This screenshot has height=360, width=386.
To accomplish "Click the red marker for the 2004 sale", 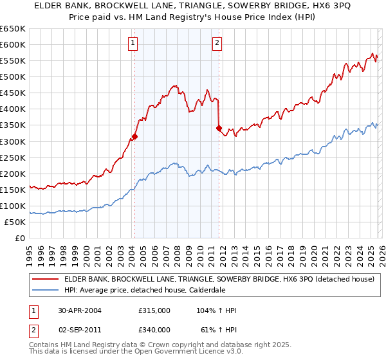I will pyautogui.click(x=134, y=136).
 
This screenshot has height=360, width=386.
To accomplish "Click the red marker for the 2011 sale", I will pyautogui.click(x=219, y=128).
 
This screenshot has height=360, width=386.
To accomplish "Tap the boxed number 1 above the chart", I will pyautogui.click(x=133, y=43).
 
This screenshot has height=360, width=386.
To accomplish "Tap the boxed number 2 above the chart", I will pyautogui.click(x=217, y=43).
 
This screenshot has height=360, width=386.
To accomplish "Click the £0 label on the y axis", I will pyautogui.click(x=20, y=238).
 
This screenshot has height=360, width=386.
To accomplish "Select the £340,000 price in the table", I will pyautogui.click(x=154, y=330).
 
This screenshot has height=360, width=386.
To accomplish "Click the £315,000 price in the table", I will pyautogui.click(x=154, y=310).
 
